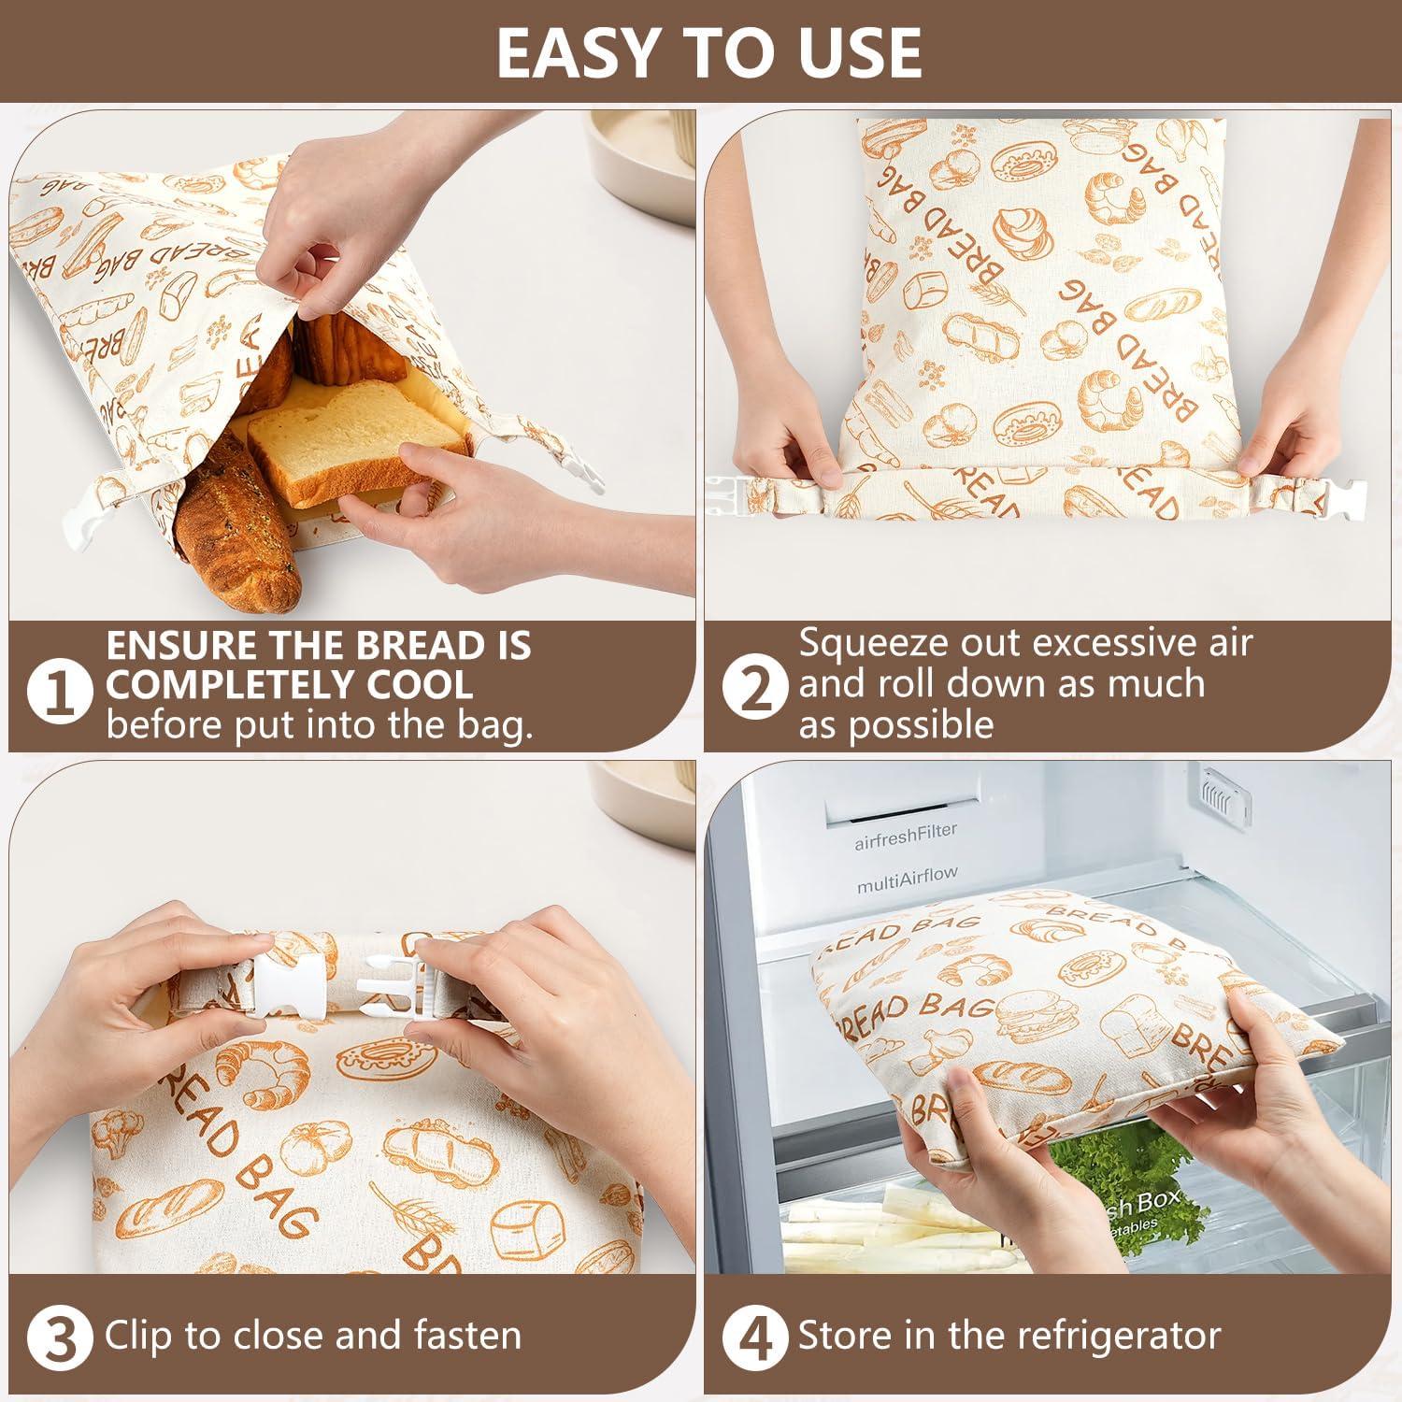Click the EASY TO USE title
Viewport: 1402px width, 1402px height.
[x=708, y=52]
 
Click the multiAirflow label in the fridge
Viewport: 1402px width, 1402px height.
[x=907, y=878]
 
